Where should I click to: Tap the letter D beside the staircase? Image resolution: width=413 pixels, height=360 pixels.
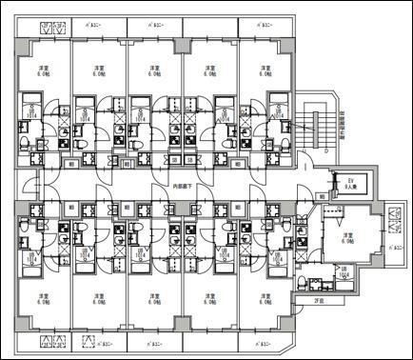pyautogui.click(x=326, y=150)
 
